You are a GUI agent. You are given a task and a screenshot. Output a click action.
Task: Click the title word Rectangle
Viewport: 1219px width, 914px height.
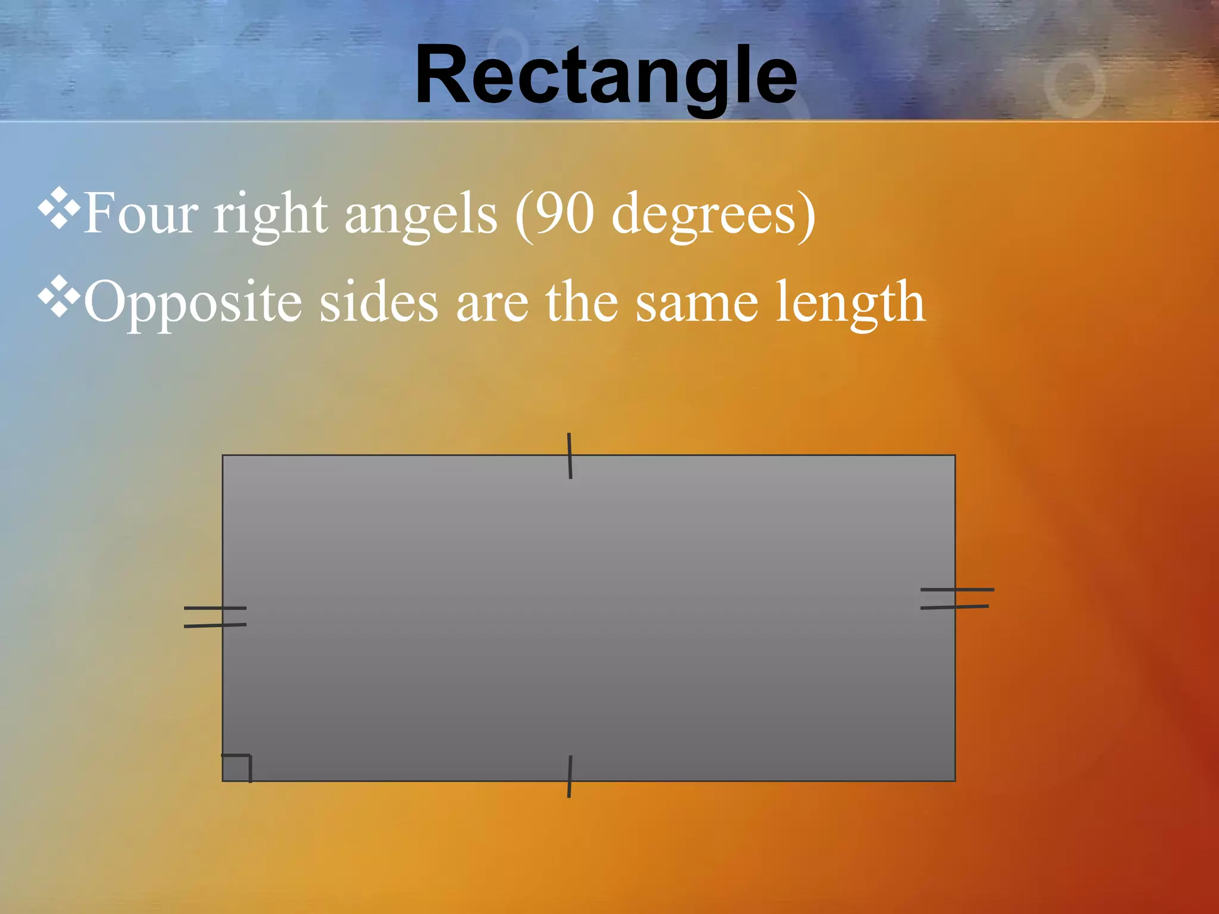(606, 76)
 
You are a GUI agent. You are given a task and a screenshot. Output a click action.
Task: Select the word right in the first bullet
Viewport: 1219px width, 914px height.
(271, 215)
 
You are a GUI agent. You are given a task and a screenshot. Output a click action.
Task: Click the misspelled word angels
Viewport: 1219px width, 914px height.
(420, 215)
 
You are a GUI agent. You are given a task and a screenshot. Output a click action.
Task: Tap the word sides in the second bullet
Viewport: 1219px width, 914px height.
(379, 302)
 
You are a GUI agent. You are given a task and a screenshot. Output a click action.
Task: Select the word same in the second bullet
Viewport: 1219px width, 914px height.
(696, 303)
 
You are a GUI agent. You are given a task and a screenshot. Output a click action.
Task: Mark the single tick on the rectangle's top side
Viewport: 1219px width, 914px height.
(570, 456)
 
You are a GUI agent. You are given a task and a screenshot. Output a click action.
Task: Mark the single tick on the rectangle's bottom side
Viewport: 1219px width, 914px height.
(570, 777)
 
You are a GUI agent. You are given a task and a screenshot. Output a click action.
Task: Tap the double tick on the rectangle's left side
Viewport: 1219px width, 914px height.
(215, 617)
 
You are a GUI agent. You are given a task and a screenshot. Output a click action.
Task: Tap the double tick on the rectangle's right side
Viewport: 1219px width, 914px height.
(956, 598)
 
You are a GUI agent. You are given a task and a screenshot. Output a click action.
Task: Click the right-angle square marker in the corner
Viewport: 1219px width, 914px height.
(237, 768)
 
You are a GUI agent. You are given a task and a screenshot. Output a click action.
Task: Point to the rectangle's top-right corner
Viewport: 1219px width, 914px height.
(955, 456)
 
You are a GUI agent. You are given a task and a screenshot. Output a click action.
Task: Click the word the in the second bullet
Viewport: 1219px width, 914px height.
(582, 302)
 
